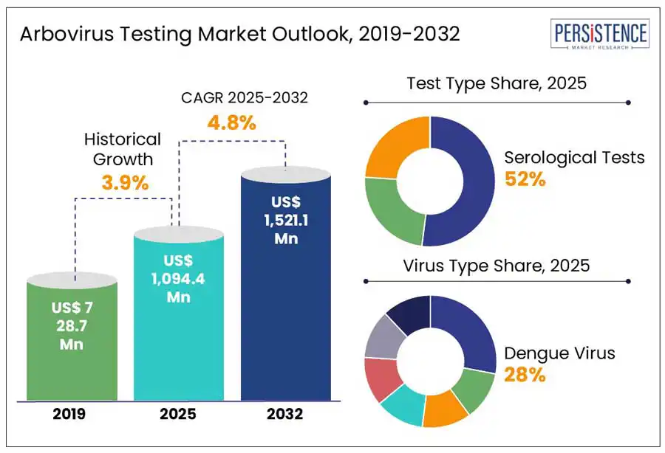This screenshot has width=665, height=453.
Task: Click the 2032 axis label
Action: (x=286, y=415)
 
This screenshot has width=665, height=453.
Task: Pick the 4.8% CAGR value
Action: (x=231, y=122)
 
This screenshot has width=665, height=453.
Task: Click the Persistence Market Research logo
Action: (x=601, y=35)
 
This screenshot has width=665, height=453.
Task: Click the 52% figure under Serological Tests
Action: (x=525, y=179)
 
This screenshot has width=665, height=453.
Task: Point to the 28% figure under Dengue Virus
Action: (x=525, y=375)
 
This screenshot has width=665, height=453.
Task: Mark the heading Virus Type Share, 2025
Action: (x=497, y=266)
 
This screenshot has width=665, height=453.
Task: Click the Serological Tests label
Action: (x=574, y=157)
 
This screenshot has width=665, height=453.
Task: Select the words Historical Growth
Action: (x=122, y=148)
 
